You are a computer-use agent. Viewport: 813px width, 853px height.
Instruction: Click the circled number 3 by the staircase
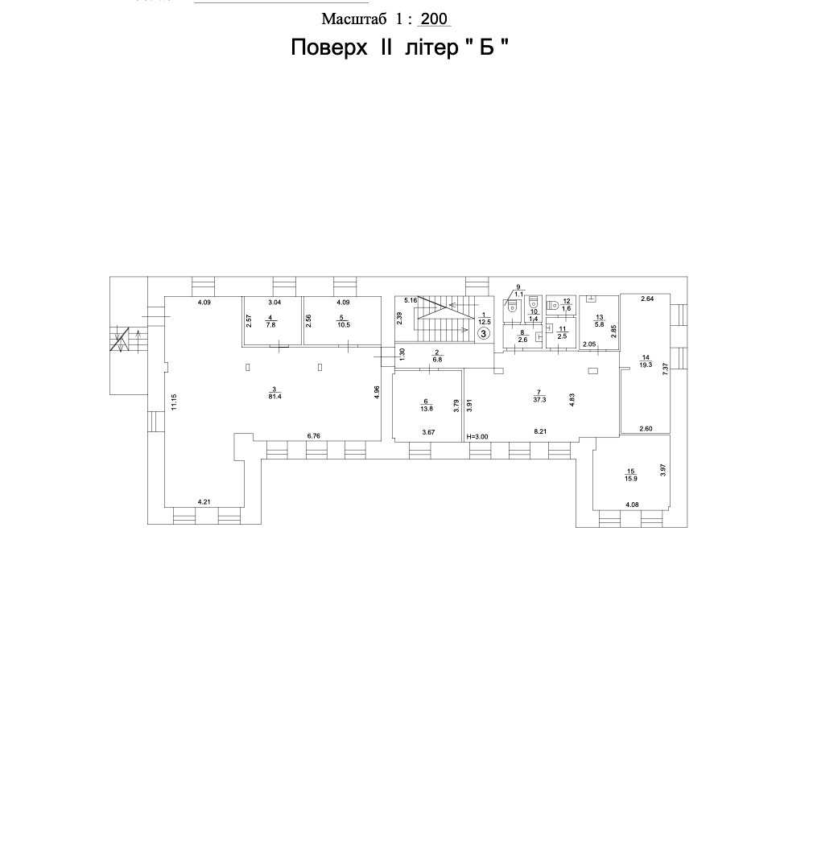483,333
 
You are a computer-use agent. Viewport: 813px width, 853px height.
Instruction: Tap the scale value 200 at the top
434,19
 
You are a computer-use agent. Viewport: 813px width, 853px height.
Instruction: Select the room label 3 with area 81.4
274,392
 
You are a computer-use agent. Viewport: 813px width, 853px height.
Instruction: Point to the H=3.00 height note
478,436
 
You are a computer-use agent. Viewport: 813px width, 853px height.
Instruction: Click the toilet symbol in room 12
554,305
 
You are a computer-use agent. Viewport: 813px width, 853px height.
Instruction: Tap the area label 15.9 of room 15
631,478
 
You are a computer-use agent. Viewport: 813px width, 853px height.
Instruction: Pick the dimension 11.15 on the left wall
174,402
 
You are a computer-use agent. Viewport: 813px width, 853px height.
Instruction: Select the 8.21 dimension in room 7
540,431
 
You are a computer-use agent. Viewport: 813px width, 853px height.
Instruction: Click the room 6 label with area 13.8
427,405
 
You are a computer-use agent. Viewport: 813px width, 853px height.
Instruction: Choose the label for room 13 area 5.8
599,321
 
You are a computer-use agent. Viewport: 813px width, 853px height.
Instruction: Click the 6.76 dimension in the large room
314,435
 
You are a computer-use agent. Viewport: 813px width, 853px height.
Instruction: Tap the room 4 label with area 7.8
270,322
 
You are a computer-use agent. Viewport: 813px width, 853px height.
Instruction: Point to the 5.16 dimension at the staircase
411,300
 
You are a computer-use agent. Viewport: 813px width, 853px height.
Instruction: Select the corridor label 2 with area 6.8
436,356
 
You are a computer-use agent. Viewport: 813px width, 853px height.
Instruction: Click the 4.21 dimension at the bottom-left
204,501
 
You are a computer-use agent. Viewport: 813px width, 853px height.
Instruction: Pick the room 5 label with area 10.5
344,322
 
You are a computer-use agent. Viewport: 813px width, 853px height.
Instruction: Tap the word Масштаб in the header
354,19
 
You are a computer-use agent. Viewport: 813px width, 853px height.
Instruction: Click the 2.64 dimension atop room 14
647,298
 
